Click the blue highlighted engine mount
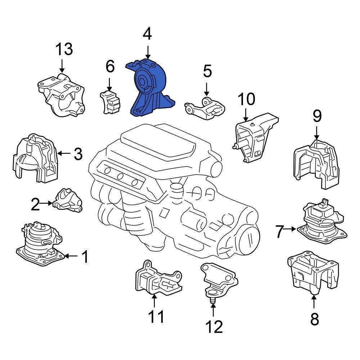coord(149,90)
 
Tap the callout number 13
coord(64,49)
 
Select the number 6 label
coord(110,67)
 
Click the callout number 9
coord(316,116)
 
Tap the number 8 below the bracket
coord(314,319)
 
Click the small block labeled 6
coord(109,102)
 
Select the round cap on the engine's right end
coord(249,239)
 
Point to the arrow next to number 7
coord(291,228)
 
